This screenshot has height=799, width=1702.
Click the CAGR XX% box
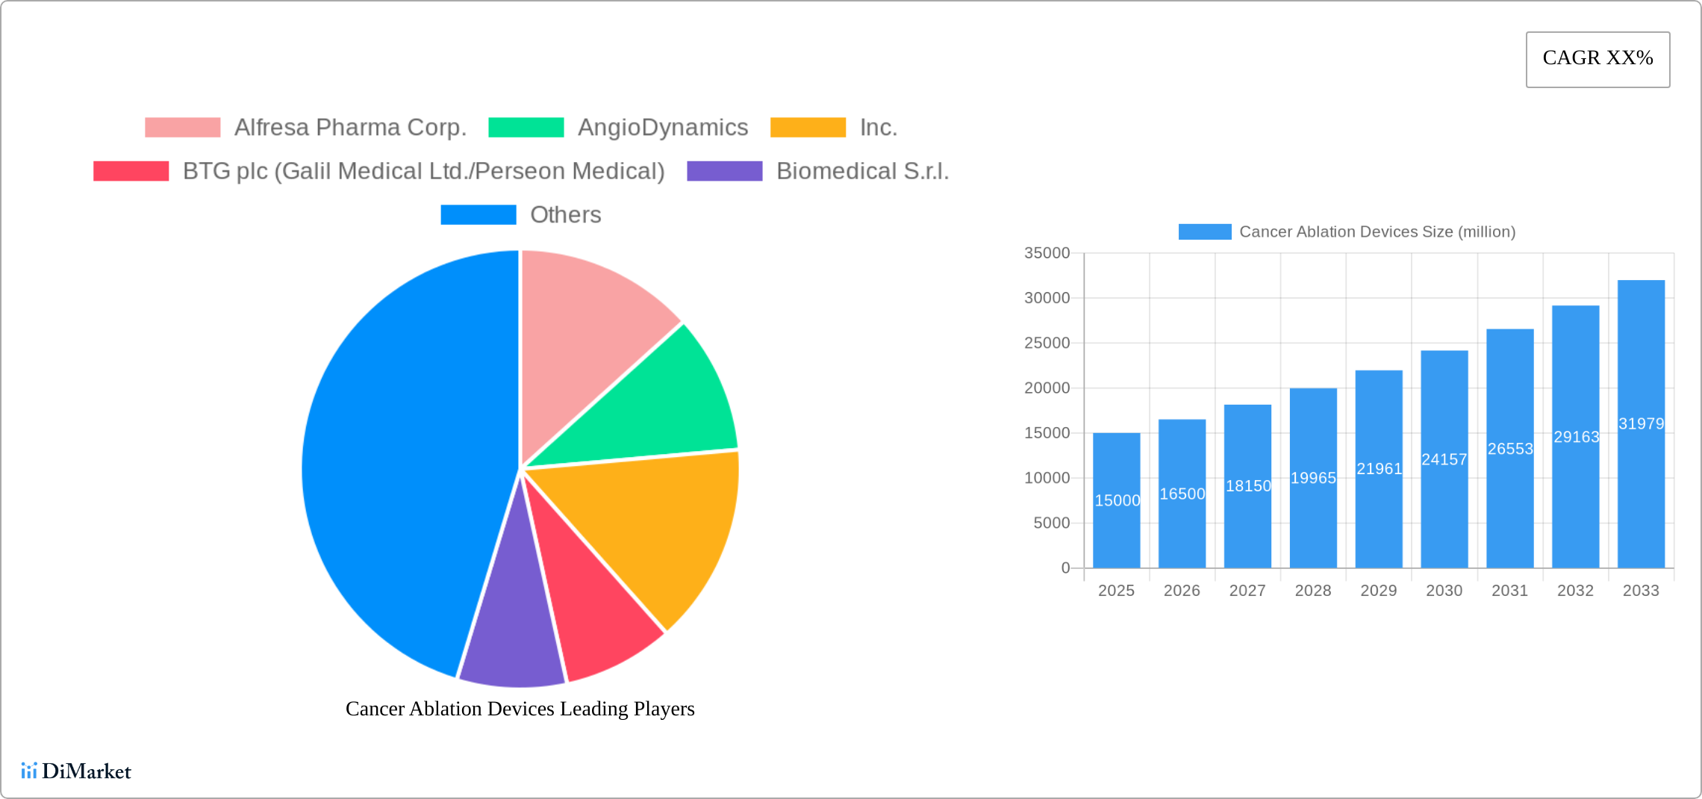click(1597, 59)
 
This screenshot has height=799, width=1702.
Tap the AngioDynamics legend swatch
click(526, 128)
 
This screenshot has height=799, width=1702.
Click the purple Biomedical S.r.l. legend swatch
click(724, 171)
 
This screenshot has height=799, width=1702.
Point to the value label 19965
click(1313, 478)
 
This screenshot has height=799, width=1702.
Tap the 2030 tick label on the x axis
click(1444, 591)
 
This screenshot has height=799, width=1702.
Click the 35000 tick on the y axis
click(1047, 253)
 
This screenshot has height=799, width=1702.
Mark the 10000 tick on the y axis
click(1047, 478)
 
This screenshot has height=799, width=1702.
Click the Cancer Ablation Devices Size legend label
click(1377, 232)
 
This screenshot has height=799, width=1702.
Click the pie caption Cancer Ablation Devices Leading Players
click(520, 709)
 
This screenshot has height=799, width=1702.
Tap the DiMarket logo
click(76, 771)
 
